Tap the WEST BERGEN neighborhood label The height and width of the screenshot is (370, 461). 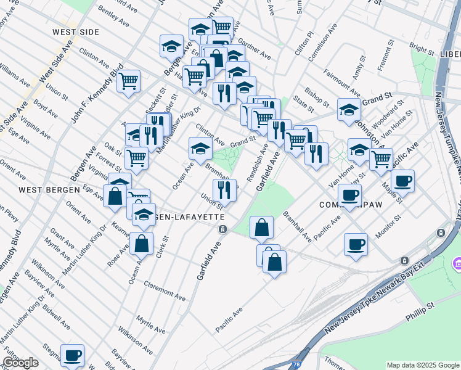49,189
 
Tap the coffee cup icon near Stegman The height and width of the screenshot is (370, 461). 72,355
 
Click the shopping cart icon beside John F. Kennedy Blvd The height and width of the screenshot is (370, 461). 128,81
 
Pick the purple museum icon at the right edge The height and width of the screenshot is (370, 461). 457,264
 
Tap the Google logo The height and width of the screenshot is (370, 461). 20,363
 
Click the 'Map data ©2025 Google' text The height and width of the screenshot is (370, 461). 423,365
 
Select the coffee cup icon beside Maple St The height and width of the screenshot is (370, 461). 402,181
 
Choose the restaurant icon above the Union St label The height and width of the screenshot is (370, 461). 224,190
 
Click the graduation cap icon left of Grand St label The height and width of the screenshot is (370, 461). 200,147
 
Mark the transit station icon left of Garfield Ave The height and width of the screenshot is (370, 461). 222,229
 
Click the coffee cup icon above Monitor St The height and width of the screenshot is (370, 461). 349,195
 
